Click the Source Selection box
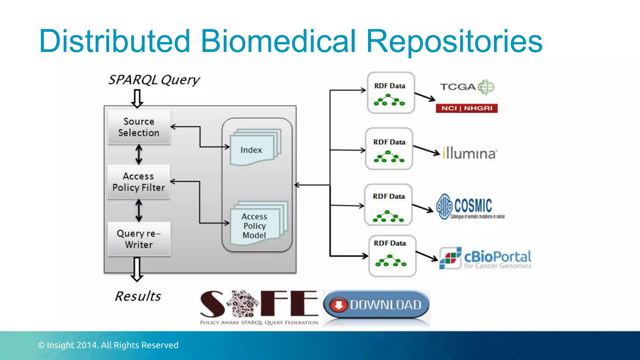[x=139, y=127]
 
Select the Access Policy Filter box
[x=139, y=182]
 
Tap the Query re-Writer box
[x=139, y=239]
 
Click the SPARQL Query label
[x=154, y=80]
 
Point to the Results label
[x=138, y=296]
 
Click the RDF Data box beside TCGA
[x=391, y=93]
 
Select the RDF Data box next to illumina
[x=389, y=149]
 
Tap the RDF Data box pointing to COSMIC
[x=388, y=205]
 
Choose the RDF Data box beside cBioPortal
[x=392, y=256]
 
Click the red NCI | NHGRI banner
[x=467, y=108]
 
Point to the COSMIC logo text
[x=473, y=206]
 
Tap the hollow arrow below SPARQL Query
[x=137, y=98]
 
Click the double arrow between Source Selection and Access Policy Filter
[x=139, y=154]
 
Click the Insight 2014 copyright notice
[x=108, y=345]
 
